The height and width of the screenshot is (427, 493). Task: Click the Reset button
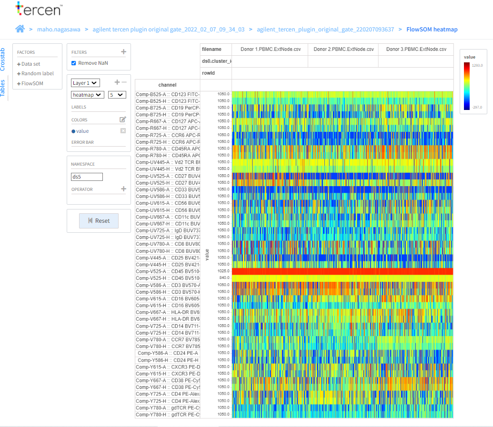pyautogui.click(x=98, y=221)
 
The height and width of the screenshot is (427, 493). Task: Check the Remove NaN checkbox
pyautogui.click(x=74, y=63)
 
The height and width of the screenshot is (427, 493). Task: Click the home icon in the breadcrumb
pyautogui.click(x=20, y=29)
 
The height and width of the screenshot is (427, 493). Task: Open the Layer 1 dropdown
pyautogui.click(x=85, y=83)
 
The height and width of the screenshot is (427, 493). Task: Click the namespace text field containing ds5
pyautogui.click(x=87, y=177)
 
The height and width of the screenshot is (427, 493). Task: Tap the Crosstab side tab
pyautogui.click(x=3, y=60)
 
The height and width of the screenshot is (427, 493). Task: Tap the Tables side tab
pyautogui.click(x=3, y=88)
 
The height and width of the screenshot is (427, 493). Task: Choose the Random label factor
pyautogui.click(x=37, y=74)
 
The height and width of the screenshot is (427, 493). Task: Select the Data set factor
pyautogui.click(x=30, y=64)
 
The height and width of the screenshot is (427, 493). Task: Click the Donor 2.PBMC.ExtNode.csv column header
pyautogui.click(x=343, y=49)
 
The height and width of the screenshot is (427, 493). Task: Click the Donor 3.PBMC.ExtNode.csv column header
pyautogui.click(x=416, y=49)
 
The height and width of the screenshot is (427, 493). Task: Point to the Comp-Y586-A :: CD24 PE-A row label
pyautogui.click(x=167, y=353)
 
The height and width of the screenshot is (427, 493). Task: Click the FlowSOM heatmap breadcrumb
pyautogui.click(x=432, y=30)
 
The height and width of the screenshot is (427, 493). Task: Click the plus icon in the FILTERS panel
pyautogui.click(x=123, y=52)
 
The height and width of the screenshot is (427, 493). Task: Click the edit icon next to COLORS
pyautogui.click(x=123, y=120)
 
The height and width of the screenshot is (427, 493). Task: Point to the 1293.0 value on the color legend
pyautogui.click(x=477, y=66)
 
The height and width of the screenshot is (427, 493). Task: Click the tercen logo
pyautogui.click(x=39, y=9)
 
